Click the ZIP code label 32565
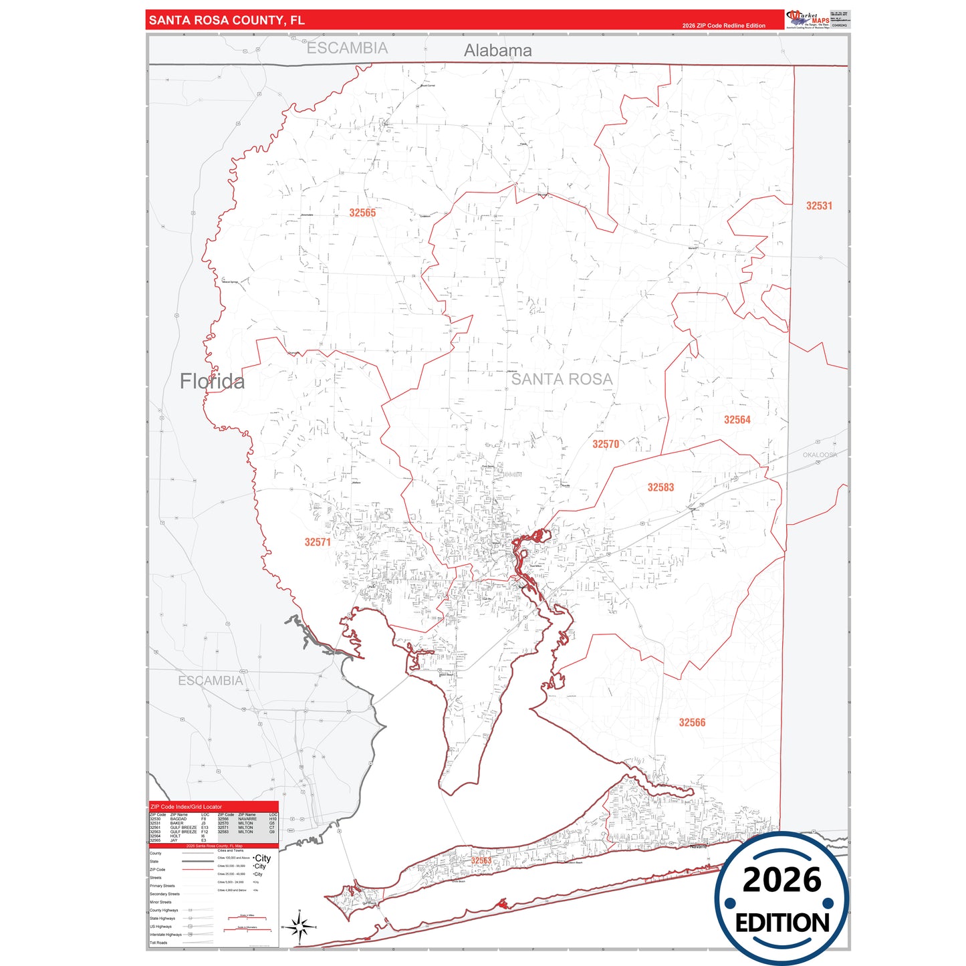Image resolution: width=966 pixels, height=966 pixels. (x=362, y=213)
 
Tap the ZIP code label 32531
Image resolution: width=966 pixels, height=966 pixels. (x=819, y=206)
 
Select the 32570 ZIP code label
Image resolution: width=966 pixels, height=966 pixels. (x=606, y=444)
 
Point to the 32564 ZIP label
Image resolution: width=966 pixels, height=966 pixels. (x=737, y=420)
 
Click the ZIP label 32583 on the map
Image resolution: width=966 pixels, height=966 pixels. (x=660, y=487)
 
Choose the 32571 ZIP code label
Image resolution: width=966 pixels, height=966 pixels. (x=318, y=542)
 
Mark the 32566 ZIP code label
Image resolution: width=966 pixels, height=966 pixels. (x=692, y=723)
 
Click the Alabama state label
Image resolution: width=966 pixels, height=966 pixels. (x=498, y=50)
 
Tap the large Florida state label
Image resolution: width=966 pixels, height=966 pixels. (x=212, y=381)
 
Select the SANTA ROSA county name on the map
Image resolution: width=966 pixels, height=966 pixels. (x=562, y=379)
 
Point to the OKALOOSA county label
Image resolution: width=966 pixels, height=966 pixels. (x=820, y=455)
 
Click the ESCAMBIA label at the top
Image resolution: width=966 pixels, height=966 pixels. (x=347, y=48)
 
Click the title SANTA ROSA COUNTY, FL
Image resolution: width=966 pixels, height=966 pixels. (x=227, y=20)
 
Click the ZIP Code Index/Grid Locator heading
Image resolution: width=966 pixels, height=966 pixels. (x=186, y=807)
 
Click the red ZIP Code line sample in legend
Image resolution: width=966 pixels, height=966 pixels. (x=197, y=870)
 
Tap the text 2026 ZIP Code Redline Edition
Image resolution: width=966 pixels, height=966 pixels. (x=723, y=25)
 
